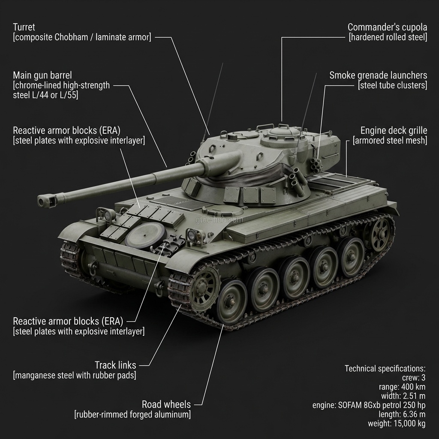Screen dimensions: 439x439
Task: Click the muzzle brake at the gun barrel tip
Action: (x=47, y=199)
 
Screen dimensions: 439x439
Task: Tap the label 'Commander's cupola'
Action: (x=387, y=27)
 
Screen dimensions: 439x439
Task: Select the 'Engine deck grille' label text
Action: (x=394, y=130)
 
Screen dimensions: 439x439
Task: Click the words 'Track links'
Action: (x=115, y=365)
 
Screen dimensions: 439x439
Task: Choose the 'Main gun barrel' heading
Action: (x=42, y=75)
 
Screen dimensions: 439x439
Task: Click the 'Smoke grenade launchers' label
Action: (x=378, y=75)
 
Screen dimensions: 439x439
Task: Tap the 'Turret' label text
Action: (x=24, y=27)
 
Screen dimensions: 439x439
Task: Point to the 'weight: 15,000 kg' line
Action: (x=397, y=424)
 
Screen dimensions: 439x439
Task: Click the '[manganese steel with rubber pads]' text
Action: (x=75, y=376)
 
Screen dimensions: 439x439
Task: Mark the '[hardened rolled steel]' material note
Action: (x=388, y=37)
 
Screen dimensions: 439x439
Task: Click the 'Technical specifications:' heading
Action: (x=385, y=368)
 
